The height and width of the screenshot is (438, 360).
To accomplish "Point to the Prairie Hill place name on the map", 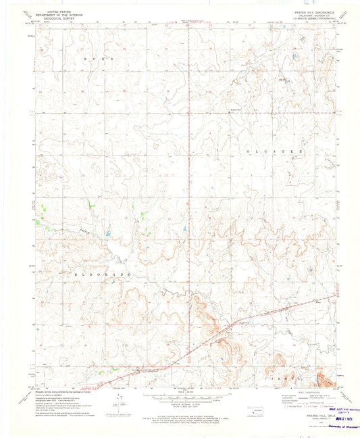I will pyautogui.click(x=235, y=109).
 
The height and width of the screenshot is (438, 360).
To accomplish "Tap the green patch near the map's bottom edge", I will pyautogui.click(x=101, y=371).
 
